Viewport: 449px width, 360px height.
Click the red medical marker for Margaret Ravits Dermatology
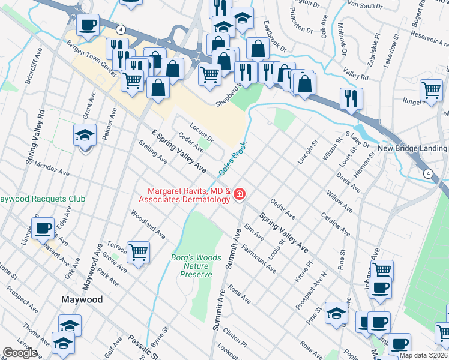239,193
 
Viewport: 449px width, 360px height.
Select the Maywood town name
82,299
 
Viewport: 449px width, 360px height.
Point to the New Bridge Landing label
412,148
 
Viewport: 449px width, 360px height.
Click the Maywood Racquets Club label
42,199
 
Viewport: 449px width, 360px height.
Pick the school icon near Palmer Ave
85,136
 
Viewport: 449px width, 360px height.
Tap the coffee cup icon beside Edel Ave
43,228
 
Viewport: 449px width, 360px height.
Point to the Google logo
20,353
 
